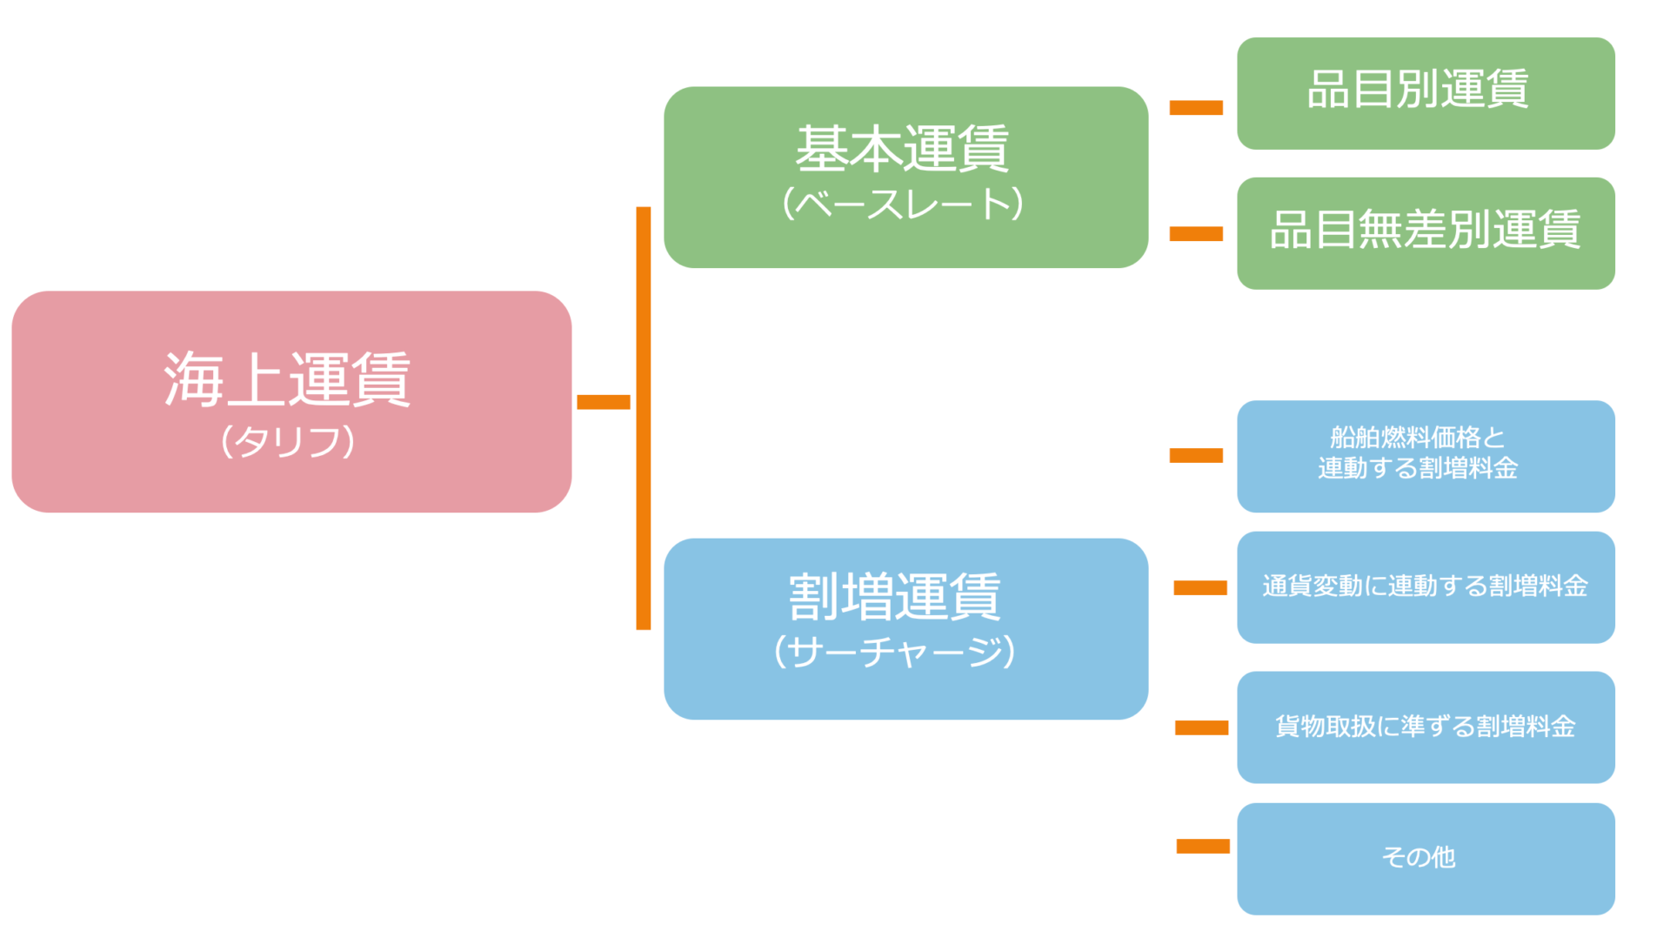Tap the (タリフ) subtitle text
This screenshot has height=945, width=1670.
(288, 441)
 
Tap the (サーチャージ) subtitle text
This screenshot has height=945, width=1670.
(895, 652)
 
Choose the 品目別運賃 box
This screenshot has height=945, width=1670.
(1425, 93)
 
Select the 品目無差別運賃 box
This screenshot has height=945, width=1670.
(1425, 232)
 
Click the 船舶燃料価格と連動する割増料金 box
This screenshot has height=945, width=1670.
(1425, 455)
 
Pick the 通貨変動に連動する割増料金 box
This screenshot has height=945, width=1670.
(1425, 586)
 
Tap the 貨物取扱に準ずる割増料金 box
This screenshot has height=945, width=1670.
(1425, 727)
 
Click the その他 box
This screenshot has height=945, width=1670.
(1425, 858)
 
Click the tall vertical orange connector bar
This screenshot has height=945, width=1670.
(644, 418)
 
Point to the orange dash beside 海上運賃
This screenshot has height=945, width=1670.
(603, 402)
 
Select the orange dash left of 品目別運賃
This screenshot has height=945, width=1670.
(1196, 108)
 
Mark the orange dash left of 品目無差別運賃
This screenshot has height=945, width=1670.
(1196, 233)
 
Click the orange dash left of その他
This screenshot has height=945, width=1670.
(1203, 846)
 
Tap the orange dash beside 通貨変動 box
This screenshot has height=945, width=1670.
(1200, 588)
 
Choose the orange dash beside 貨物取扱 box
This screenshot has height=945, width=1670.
(1201, 727)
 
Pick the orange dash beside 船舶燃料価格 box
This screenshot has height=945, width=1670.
(1196, 455)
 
